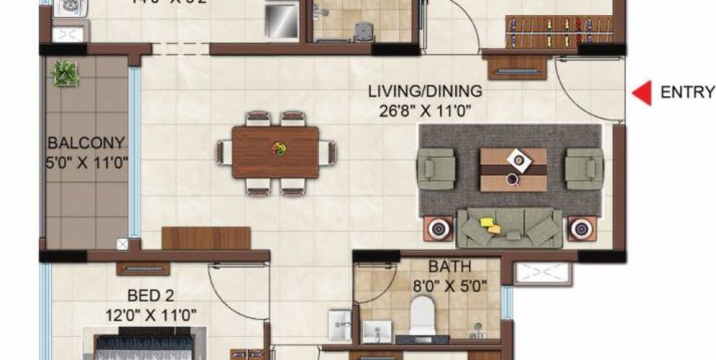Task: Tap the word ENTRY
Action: [687, 93]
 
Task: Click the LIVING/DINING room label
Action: [425, 93]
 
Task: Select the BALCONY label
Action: [86, 143]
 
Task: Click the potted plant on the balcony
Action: [66, 73]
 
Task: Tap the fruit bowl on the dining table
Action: [277, 148]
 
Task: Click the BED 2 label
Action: [151, 296]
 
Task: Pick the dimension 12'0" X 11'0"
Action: [151, 315]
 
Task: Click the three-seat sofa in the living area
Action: [510, 229]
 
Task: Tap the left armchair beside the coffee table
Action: [437, 168]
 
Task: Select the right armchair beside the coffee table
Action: [583, 168]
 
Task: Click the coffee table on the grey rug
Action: [513, 169]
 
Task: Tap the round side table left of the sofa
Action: [438, 230]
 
